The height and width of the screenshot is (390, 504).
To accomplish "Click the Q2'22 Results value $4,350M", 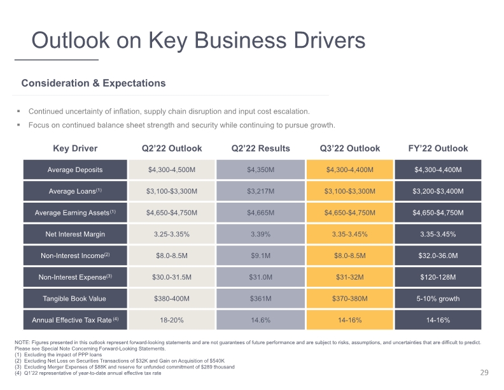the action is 261,170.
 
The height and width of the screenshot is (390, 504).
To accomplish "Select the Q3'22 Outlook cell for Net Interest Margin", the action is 350,234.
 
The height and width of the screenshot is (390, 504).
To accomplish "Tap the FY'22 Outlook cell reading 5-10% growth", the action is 438,299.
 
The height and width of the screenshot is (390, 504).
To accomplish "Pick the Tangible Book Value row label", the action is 74,299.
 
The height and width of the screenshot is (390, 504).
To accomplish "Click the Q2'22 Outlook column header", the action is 172,148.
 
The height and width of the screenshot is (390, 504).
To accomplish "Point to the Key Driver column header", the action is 75,148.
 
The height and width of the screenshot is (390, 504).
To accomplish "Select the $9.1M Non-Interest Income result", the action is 261,256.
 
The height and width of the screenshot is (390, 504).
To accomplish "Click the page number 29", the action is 484,373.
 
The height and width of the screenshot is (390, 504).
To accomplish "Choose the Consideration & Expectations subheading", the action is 94,83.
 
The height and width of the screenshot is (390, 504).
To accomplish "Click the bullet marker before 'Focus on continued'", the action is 18,125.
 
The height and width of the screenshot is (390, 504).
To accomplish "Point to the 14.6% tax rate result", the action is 261,320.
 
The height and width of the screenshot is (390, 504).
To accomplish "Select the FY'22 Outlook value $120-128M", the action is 438,277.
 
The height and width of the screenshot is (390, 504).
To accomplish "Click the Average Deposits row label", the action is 75,170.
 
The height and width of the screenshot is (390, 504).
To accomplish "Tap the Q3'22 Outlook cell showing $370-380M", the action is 350,299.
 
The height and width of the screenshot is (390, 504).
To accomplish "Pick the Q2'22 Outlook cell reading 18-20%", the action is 172,320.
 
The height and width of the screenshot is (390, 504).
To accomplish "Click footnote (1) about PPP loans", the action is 58,354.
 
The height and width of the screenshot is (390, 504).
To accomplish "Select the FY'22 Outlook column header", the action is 438,148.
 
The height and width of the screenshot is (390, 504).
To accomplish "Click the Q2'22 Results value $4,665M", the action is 261,213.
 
